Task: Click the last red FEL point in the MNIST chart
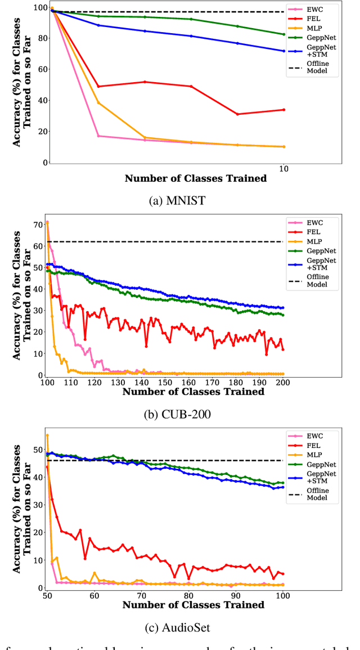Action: (x=283, y=110)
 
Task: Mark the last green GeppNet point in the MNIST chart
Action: (x=283, y=34)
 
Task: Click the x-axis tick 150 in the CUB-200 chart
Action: (x=165, y=383)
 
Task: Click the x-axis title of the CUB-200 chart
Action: (x=193, y=392)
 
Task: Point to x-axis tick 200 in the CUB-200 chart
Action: (x=282, y=383)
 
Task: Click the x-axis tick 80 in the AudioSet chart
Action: (x=188, y=595)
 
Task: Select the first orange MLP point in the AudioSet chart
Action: (x=47, y=435)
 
